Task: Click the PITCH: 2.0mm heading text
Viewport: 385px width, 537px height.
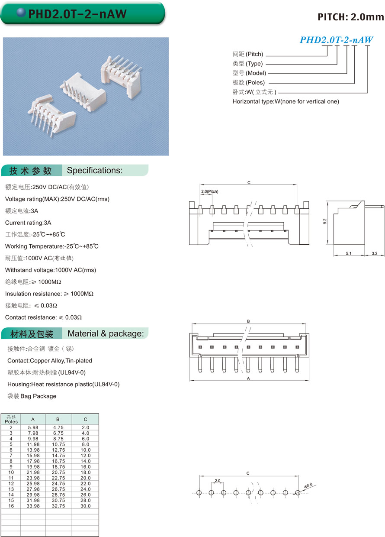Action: pos(350,17)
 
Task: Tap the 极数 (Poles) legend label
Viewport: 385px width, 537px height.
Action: pos(249,83)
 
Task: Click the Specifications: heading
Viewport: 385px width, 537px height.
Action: pos(95,170)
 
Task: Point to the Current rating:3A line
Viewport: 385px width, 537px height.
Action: pos(28,223)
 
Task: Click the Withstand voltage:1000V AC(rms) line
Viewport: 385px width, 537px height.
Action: pos(51,270)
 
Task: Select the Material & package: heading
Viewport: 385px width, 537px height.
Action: pos(106,333)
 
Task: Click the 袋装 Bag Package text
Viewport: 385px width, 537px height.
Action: pos(32,396)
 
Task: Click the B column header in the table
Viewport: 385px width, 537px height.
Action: pos(58,419)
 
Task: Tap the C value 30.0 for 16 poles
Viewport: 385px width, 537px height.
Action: pos(85,506)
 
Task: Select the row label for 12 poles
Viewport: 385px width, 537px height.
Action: pos(11,484)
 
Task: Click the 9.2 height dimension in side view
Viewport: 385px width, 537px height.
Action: pos(325,221)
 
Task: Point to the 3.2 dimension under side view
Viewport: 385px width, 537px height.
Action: pos(375,253)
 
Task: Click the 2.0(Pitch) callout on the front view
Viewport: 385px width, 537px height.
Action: pos(209,191)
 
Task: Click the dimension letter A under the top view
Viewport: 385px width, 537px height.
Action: pos(249,378)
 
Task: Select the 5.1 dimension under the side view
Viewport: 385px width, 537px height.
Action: pos(348,253)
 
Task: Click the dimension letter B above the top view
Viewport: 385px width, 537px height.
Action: pos(249,321)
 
